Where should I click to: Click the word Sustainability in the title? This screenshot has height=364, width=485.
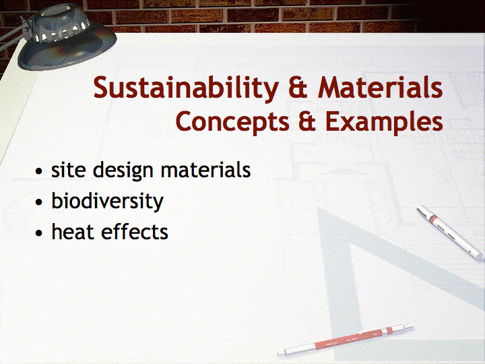pos(186,88)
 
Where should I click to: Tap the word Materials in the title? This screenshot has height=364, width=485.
pos(380,87)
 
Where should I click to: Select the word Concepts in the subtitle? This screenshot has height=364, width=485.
pos(232,123)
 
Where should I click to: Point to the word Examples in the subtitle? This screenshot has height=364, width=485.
pos(384,123)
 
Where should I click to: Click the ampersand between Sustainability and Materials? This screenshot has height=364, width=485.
pos(298,87)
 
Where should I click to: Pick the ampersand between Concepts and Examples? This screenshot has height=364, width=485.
pos(307,121)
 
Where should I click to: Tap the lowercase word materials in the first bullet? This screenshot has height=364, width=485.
pos(205,169)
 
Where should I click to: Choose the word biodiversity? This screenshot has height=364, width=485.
pos(107,202)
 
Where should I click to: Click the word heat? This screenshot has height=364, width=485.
pos(73,231)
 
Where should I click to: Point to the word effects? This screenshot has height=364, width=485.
pos(135,231)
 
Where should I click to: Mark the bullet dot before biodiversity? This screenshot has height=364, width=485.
pos(38,202)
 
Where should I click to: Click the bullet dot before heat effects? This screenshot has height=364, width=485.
pos(38,233)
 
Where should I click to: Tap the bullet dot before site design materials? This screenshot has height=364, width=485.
pos(38,171)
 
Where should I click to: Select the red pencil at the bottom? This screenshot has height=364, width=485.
pos(345,340)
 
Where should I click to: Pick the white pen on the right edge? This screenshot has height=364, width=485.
pos(449,232)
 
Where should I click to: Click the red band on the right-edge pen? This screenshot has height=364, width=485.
pos(435,220)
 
